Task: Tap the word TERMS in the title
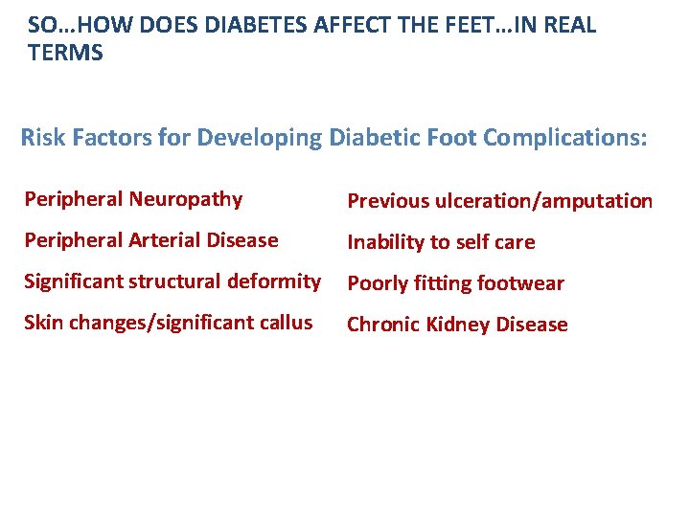click(65, 54)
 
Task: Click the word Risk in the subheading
click(42, 138)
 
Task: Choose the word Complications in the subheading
click(564, 138)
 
